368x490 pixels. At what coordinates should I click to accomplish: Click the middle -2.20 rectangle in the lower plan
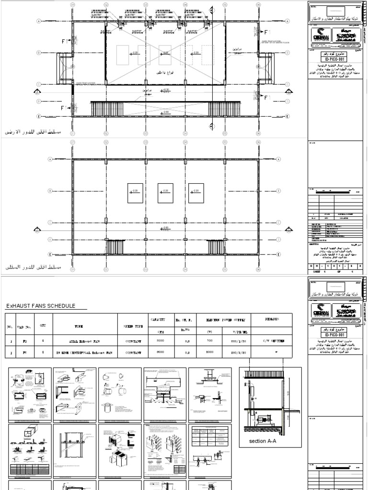(165, 192)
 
